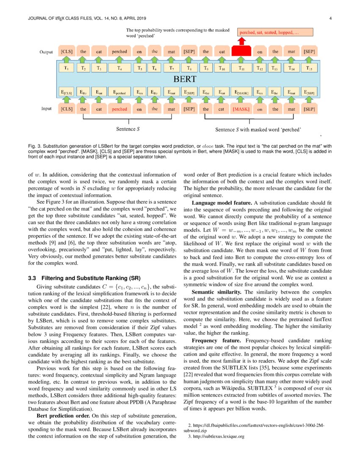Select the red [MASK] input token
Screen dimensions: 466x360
point(241,109)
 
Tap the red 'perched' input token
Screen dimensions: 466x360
point(119,109)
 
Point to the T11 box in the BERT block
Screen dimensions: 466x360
point(241,68)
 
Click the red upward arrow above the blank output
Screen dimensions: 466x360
point(241,41)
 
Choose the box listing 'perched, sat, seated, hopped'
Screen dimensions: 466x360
point(275,32)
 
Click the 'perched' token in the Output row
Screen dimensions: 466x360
point(119,52)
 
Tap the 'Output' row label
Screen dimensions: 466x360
point(46,52)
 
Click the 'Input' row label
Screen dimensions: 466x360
point(47,109)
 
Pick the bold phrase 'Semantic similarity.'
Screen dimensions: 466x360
point(218,292)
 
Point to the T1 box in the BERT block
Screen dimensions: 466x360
point(67,68)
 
